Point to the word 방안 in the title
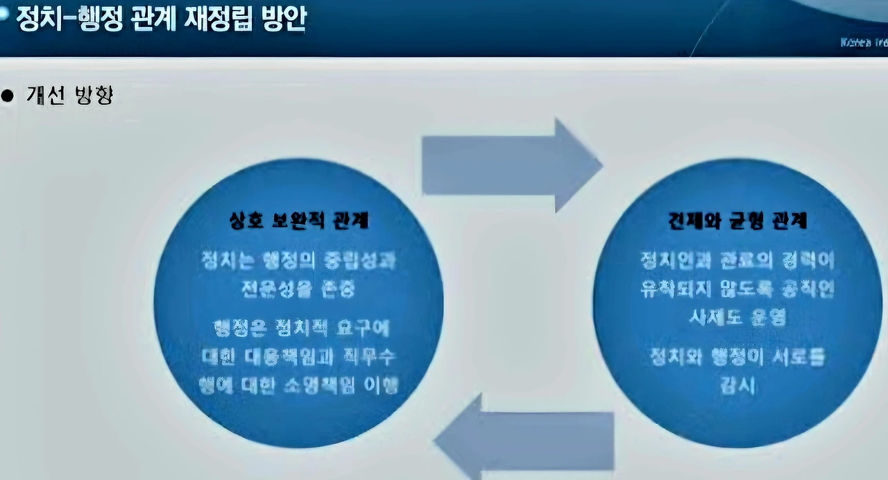[287, 20]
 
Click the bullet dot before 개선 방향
[8, 96]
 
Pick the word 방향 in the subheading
[92, 95]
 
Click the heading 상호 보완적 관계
[299, 221]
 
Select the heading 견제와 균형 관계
[737, 221]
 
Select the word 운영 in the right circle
[766, 316]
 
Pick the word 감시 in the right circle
[737, 385]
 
